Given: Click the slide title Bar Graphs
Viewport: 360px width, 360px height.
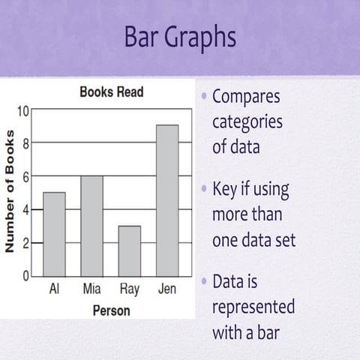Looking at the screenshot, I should click(180, 37).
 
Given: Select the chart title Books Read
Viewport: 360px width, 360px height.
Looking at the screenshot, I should click(112, 93).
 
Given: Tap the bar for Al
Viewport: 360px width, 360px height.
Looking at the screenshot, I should click(54, 234).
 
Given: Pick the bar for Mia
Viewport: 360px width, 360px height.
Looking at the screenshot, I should click(91, 226).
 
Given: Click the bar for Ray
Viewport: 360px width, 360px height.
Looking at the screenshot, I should click(130, 250).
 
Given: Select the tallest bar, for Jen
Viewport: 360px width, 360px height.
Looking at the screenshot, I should click(167, 200).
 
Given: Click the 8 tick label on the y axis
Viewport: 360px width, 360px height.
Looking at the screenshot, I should click(25, 144).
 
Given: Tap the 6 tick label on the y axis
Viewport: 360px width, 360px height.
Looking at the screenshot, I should click(25, 177).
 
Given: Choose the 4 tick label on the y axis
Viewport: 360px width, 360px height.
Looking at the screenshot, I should click(25, 210).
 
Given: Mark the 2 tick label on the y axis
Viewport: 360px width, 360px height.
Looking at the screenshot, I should click(25, 243).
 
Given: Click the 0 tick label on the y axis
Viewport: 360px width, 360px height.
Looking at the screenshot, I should click(25, 275).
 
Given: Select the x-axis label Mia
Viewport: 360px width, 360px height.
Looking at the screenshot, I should click(91, 288).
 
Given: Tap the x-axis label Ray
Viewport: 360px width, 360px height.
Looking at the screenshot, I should click(130, 288).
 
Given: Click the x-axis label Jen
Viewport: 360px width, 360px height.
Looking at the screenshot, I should click(167, 288).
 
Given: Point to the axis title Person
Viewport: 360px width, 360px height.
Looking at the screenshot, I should click(111, 310).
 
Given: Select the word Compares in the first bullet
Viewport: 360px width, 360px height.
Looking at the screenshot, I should click(246, 97).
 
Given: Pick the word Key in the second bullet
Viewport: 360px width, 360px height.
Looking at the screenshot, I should click(226, 190).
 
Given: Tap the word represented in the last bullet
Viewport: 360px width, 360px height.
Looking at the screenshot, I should click(253, 307).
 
